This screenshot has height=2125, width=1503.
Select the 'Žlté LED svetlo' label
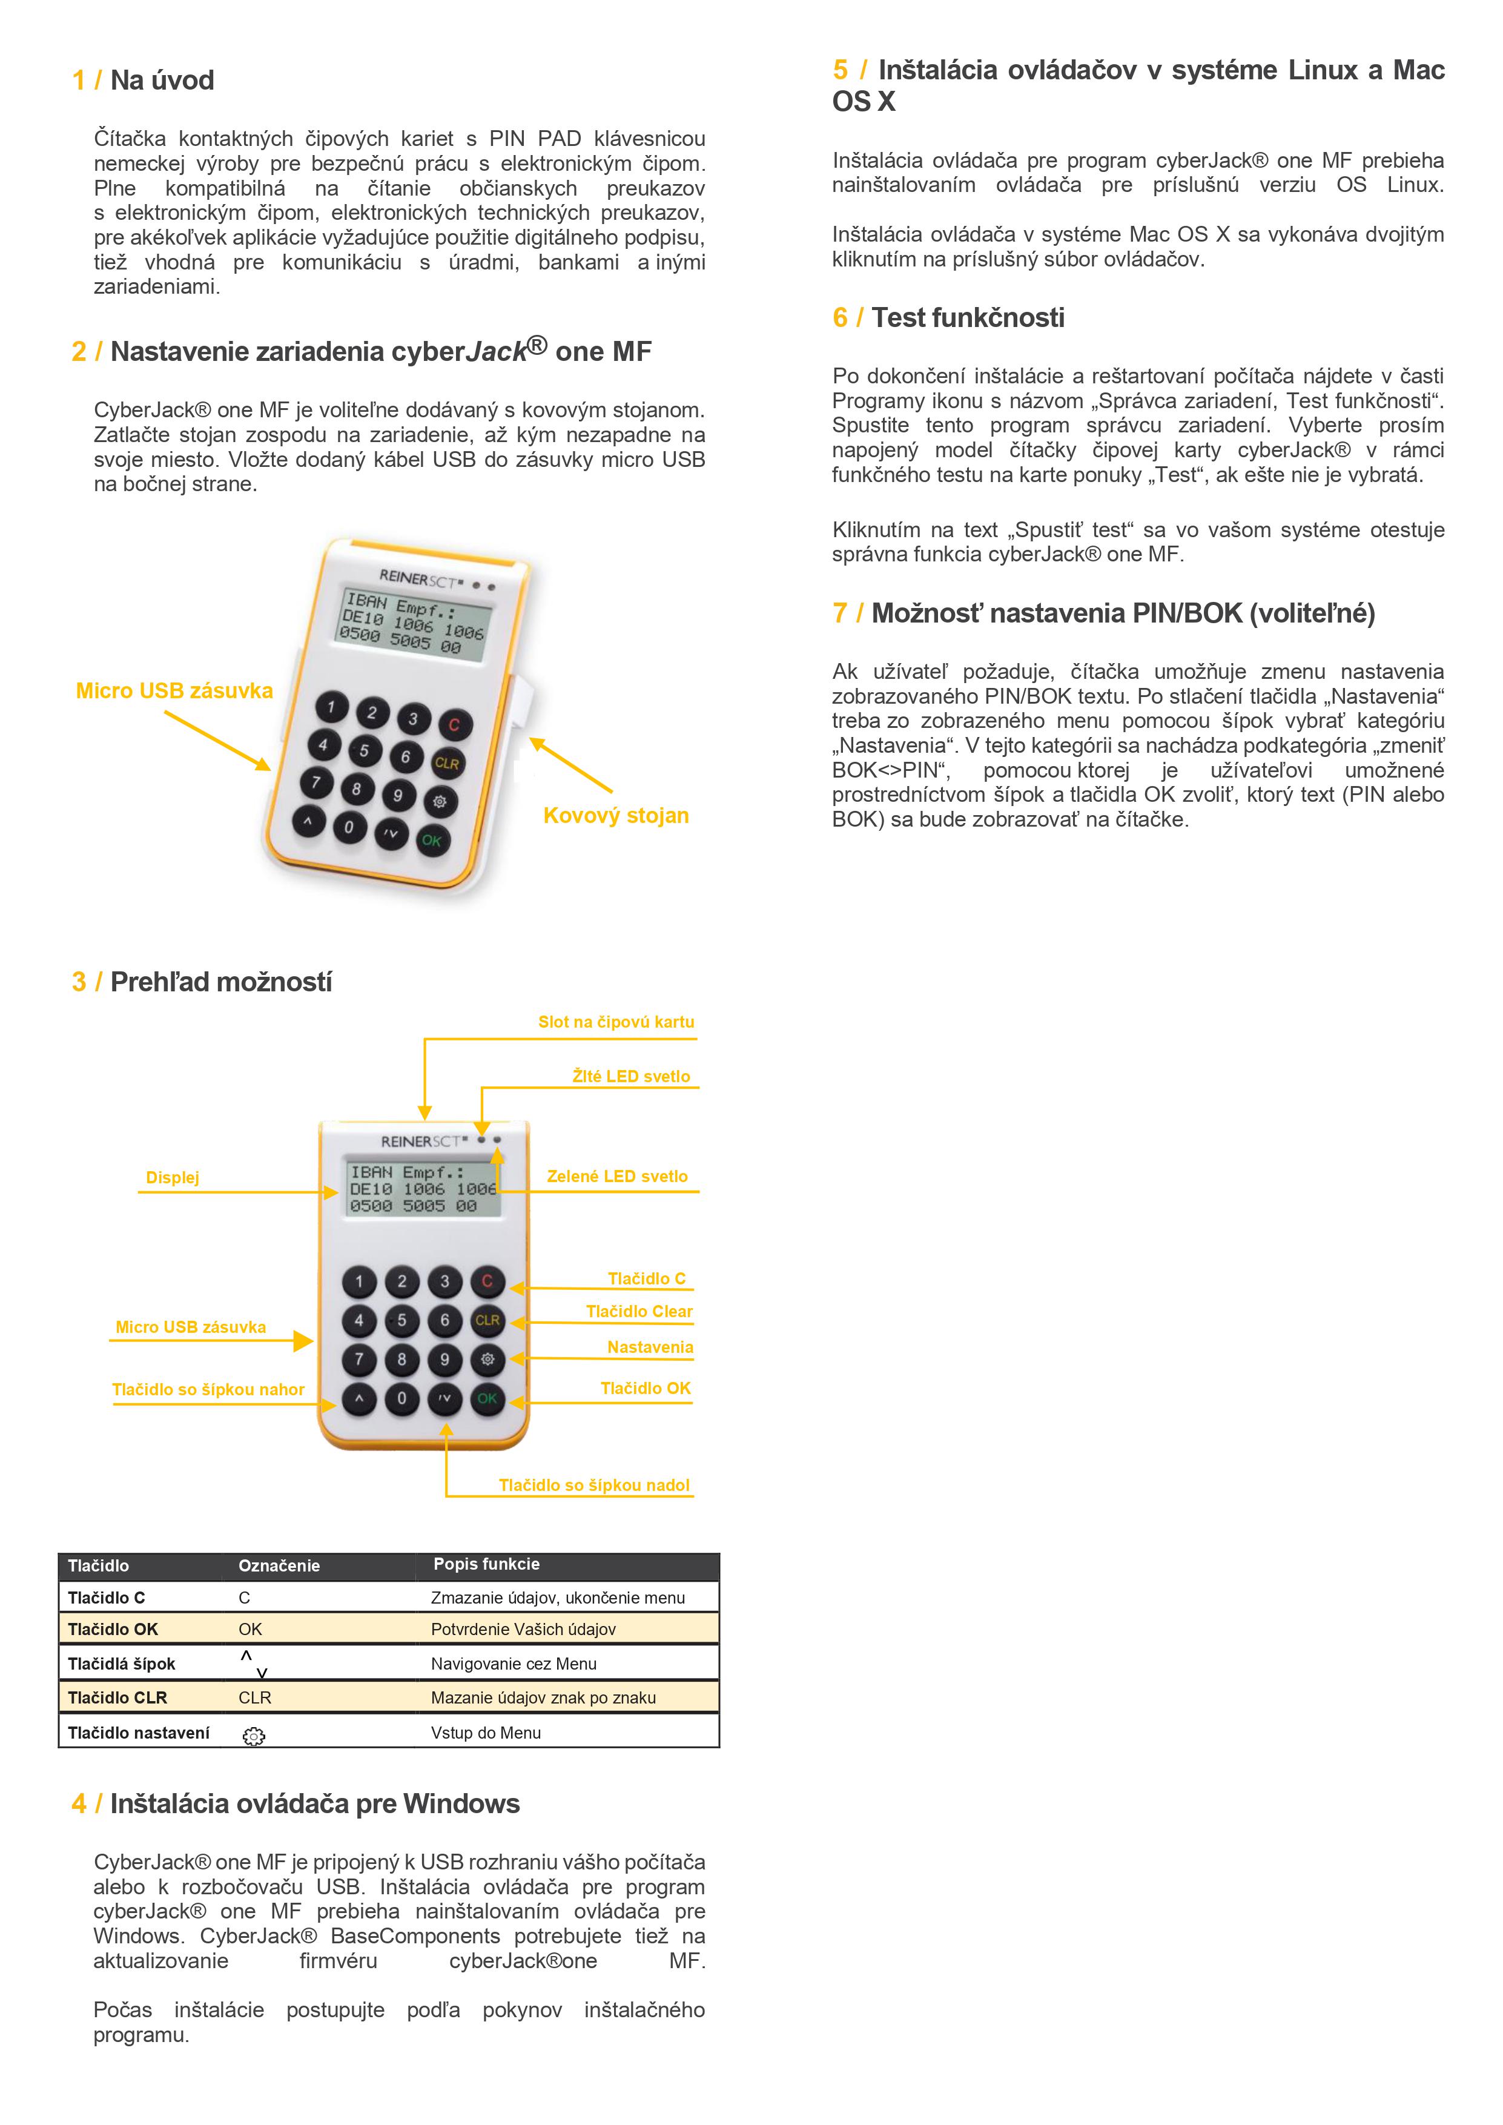click(630, 1076)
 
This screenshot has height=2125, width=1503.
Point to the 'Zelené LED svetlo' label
click(616, 1176)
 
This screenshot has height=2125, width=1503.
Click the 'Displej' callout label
click(172, 1177)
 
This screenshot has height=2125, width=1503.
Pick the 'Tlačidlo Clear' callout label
click(639, 1312)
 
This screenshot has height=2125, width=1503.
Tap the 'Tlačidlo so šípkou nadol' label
click(594, 1486)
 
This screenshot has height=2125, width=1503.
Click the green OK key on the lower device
click(487, 1398)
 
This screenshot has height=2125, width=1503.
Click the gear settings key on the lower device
click(487, 1360)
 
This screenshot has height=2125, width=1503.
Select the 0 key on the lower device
click(401, 1398)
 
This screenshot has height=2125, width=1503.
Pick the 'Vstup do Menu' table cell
click(486, 1733)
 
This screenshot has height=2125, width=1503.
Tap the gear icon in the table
click(254, 1736)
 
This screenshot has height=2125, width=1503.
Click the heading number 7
click(839, 613)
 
